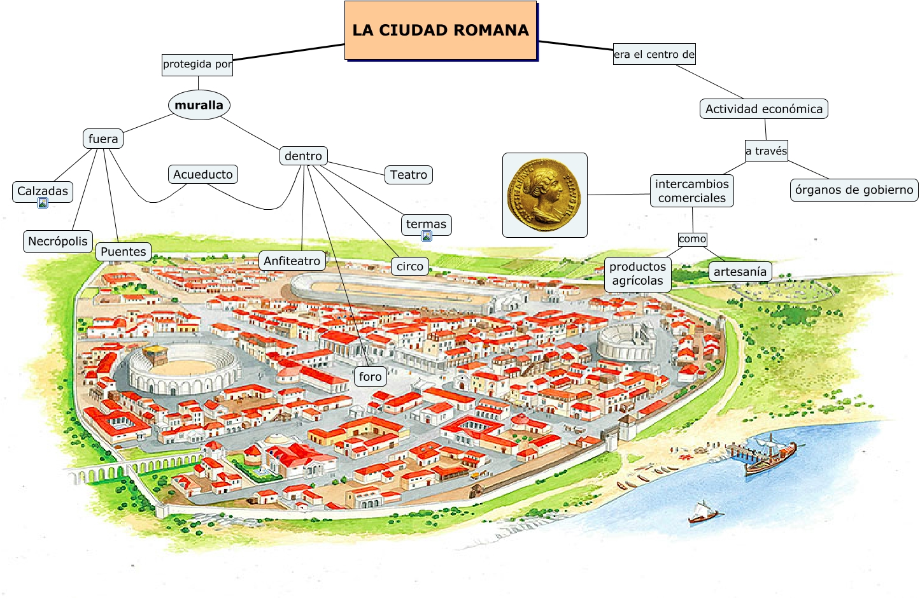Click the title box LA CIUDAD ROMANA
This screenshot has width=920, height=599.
[441, 31]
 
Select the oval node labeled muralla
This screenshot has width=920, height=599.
[199, 106]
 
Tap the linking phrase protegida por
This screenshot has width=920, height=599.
[197, 64]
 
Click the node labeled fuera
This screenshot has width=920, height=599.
[103, 139]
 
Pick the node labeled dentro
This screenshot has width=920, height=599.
[303, 156]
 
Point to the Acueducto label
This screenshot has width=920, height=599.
[203, 174]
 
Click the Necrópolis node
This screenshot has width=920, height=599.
[58, 242]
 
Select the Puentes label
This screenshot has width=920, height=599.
[124, 252]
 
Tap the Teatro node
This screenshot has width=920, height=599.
[409, 175]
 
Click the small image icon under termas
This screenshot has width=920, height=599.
[427, 237]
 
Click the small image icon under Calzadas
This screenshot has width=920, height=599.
[43, 203]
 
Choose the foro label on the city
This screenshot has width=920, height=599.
[370, 376]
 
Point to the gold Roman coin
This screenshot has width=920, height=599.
[544, 195]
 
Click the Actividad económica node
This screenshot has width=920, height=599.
[763, 109]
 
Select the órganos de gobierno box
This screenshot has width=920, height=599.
[854, 190]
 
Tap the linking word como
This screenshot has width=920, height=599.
[692, 239]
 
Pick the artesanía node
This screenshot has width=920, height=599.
[740, 272]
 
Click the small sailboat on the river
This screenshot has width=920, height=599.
[702, 513]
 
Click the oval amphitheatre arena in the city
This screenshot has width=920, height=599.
[183, 368]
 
